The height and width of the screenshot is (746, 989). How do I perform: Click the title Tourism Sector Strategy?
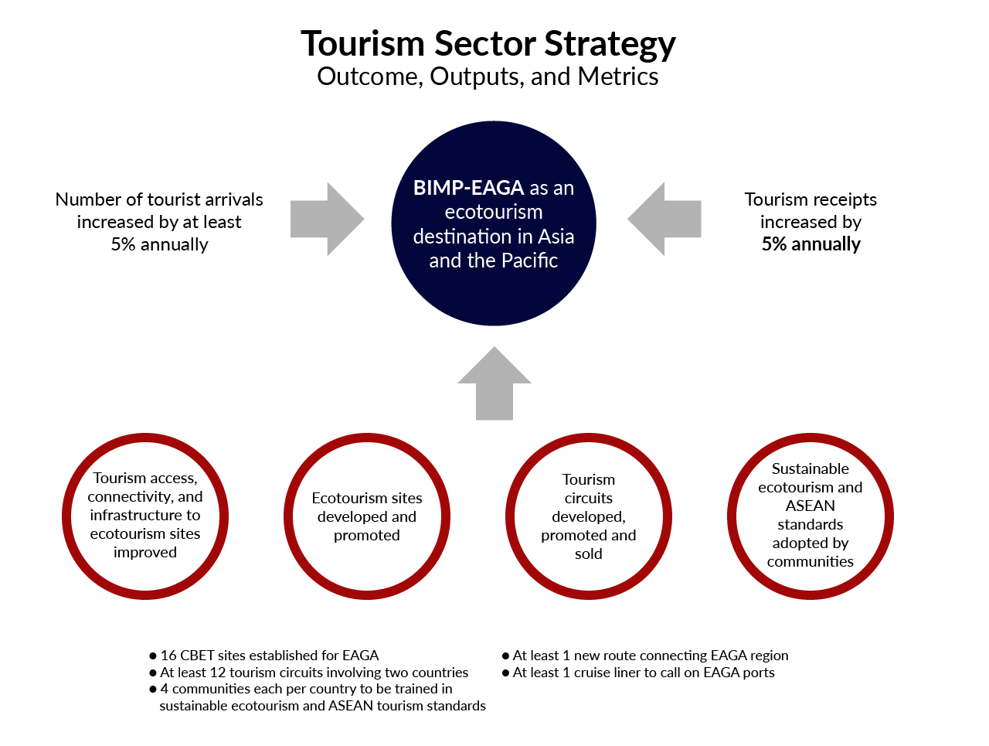(x=488, y=44)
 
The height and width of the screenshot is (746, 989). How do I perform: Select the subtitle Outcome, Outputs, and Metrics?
(x=488, y=77)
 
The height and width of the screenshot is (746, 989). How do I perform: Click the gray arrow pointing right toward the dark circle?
(x=325, y=220)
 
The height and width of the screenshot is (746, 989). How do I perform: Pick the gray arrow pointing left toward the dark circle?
(x=666, y=220)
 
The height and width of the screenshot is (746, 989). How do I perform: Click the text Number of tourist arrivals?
(x=159, y=199)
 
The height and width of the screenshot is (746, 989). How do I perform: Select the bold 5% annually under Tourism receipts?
(x=811, y=244)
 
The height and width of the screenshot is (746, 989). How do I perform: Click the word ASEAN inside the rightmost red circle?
(x=811, y=506)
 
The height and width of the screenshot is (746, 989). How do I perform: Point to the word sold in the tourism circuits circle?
(x=588, y=554)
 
